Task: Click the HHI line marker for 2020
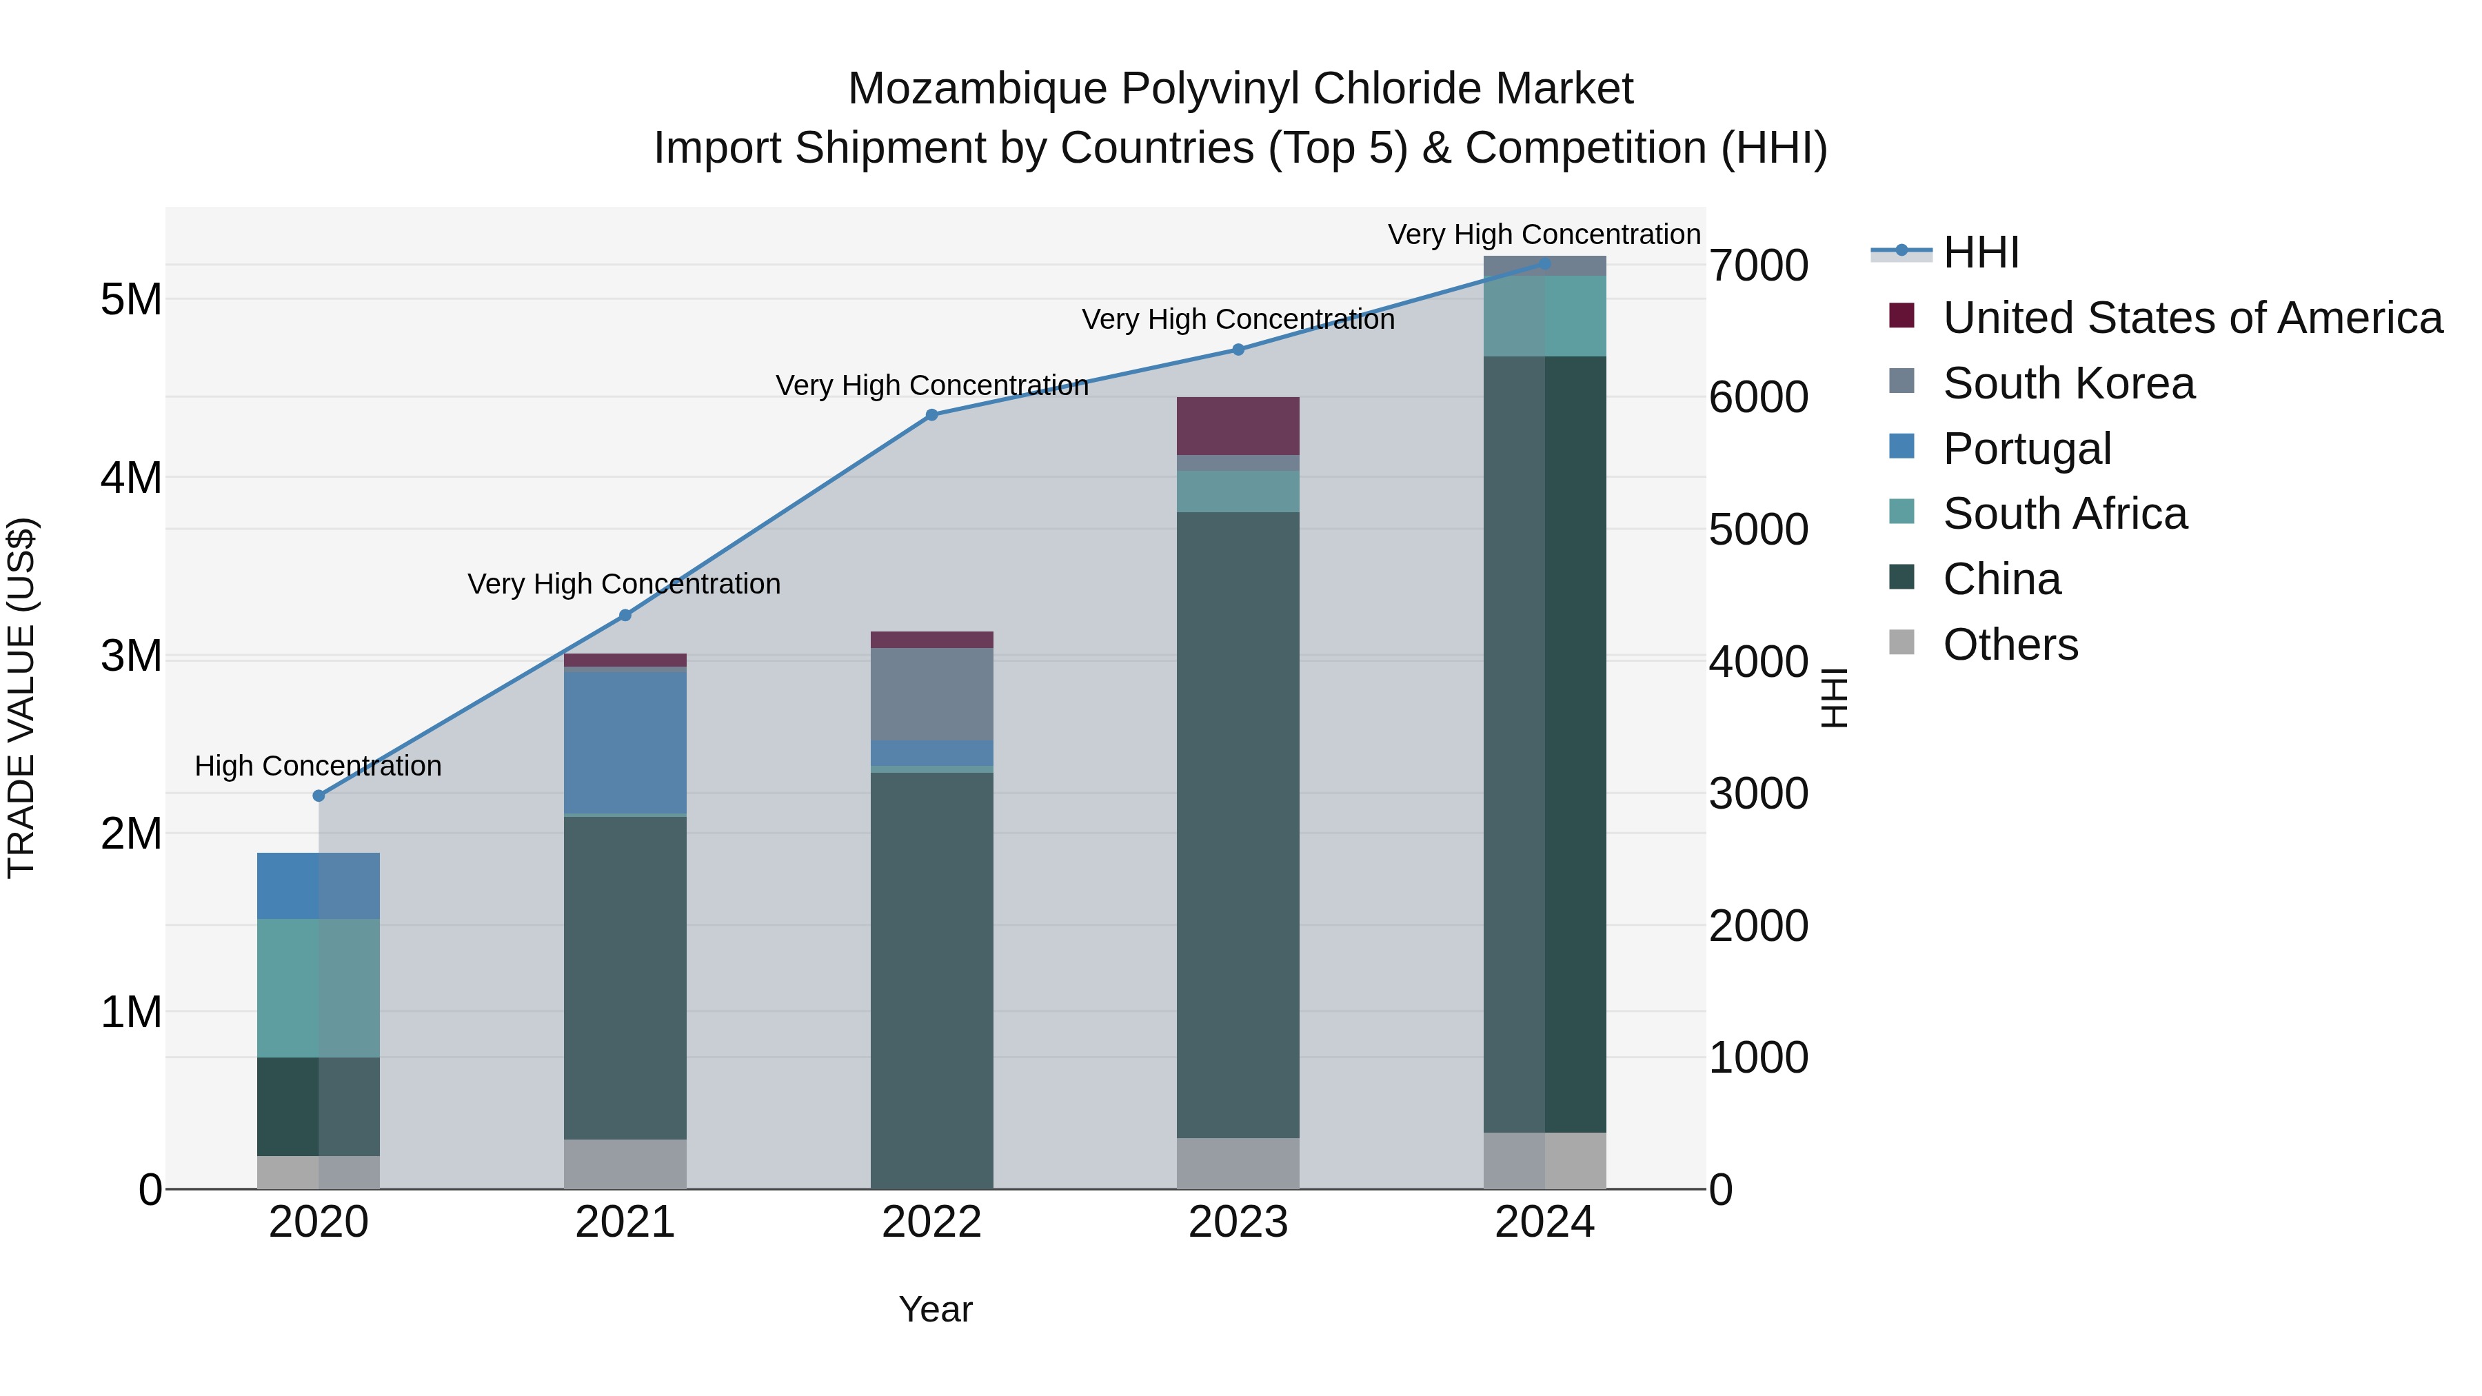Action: click(319, 796)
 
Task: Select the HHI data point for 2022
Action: click(931, 415)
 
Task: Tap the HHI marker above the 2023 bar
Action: click(1239, 350)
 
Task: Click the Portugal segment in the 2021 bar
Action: click(625, 742)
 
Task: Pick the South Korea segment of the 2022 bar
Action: click(931, 694)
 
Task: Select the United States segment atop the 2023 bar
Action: click(1238, 426)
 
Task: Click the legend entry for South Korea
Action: click(2068, 383)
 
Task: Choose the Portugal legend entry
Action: click(2026, 449)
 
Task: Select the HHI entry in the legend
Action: click(1980, 252)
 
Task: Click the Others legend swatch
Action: click(1902, 643)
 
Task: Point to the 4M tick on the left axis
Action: click(131, 478)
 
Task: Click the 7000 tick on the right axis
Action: click(1758, 266)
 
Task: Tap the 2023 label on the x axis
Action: click(1238, 1222)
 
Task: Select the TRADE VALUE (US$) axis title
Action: click(21, 698)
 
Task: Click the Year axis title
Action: click(936, 1309)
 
